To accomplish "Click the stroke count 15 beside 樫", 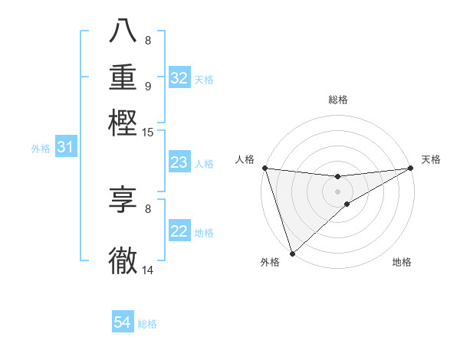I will [148, 133].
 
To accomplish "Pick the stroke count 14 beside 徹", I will [148, 270].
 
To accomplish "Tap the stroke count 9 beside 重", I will [148, 86].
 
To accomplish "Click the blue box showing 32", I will [179, 78].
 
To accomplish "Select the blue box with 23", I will [179, 162].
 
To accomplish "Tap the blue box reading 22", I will [179, 232].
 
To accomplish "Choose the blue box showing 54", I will [122, 323].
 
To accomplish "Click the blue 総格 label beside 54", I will [147, 324].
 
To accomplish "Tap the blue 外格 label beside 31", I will [41, 149].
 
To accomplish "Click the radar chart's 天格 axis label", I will [431, 159].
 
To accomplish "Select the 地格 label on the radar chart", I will [402, 262].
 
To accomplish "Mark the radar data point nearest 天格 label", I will [410, 168].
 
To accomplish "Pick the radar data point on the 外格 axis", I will [292, 253].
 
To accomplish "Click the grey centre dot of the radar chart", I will [337, 191].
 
